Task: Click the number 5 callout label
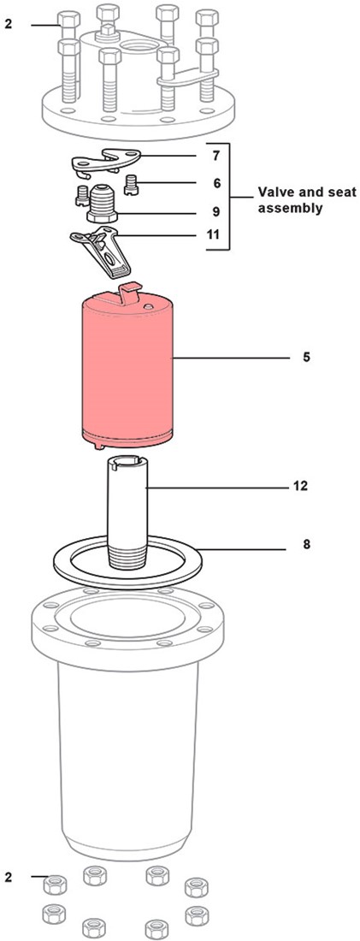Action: click(x=306, y=358)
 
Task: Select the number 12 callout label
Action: click(x=301, y=486)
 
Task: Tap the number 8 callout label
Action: click(x=306, y=546)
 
